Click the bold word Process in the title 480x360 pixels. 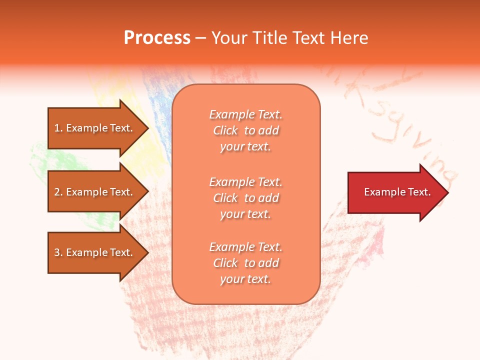157,38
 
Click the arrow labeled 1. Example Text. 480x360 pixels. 95,128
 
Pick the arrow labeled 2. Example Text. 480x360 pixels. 95,192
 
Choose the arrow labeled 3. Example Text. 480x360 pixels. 95,252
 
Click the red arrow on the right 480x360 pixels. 395,192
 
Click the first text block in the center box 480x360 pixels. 245,130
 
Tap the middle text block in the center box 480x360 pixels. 245,198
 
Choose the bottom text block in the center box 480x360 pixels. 245,263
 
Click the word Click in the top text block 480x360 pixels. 225,130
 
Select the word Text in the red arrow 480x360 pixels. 420,192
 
